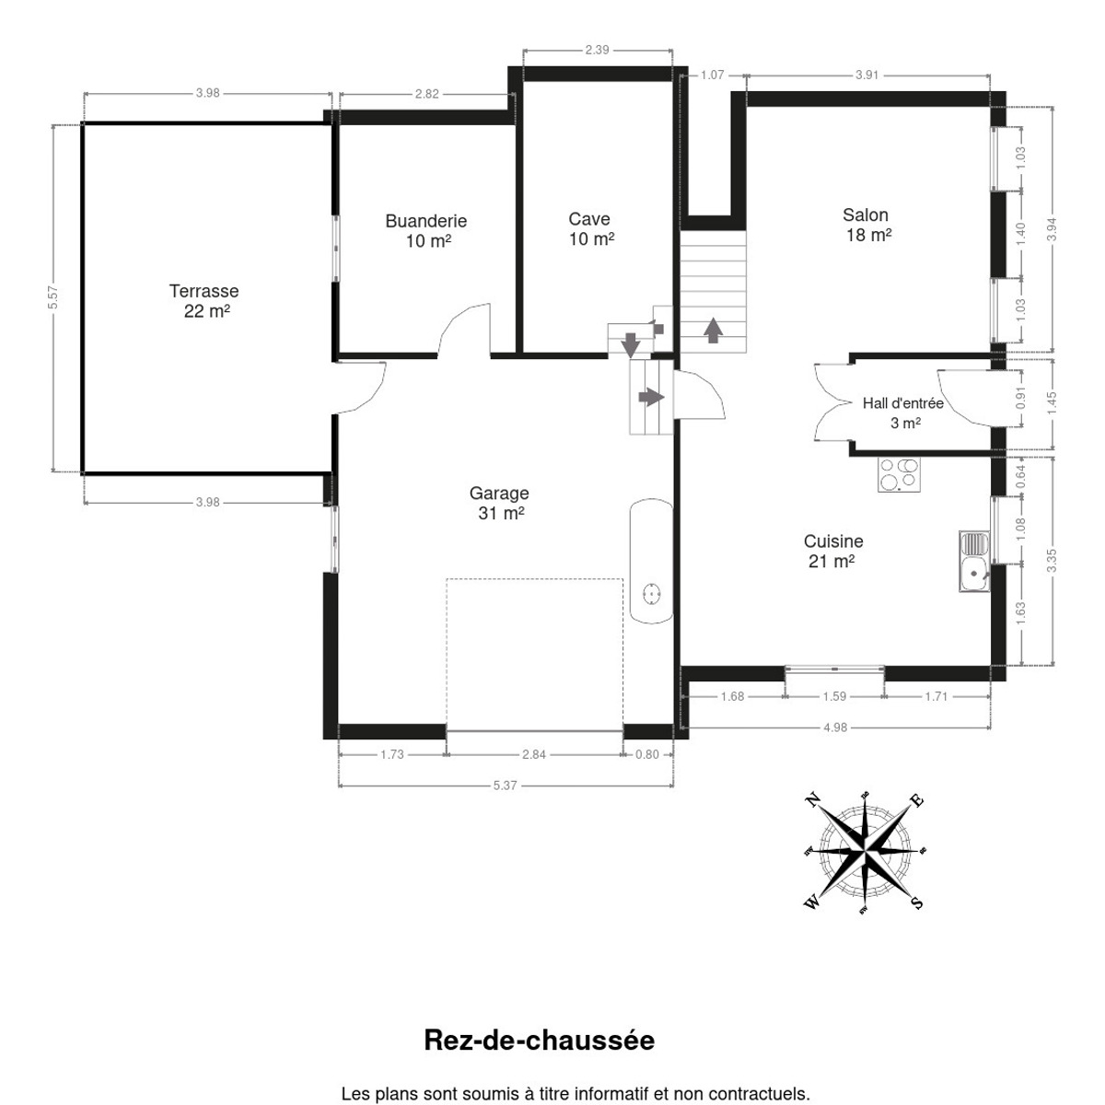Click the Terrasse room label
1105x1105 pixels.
pos(204,300)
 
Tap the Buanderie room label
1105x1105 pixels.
pos(426,230)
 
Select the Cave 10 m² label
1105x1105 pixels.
pos(590,228)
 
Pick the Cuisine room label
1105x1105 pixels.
pos(833,551)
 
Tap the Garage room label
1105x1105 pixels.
pos(499,503)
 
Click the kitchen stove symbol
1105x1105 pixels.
pos(899,475)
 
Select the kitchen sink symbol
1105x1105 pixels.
pos(974,562)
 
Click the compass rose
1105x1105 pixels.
pos(864,852)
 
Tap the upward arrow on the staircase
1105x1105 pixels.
pos(713,330)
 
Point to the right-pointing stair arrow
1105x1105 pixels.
pos(651,397)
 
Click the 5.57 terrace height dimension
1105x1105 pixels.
pos(52,297)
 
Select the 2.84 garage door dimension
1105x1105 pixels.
pos(534,755)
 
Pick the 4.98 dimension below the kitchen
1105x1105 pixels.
pos(835,727)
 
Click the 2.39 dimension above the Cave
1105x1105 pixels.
pos(597,50)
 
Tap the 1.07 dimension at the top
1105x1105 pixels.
pos(712,76)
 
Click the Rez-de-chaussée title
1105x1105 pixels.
pos(539,1041)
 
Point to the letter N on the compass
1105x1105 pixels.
pos(812,800)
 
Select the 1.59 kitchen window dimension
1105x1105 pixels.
pos(834,697)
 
